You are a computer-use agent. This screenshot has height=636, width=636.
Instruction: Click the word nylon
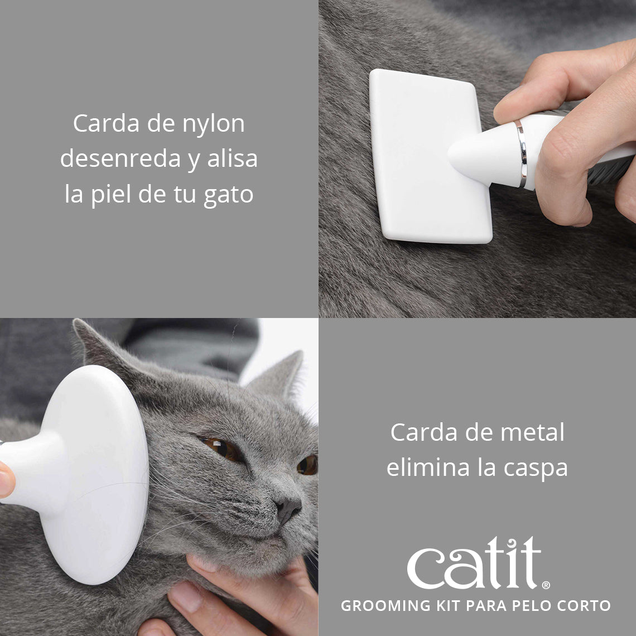[213, 124]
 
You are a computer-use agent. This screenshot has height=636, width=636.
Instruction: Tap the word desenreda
[121, 159]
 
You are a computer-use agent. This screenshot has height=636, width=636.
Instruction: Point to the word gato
[228, 195]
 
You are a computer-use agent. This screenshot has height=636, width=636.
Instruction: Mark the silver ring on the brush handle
[521, 153]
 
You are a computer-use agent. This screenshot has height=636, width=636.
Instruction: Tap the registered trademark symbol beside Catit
[546, 585]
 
